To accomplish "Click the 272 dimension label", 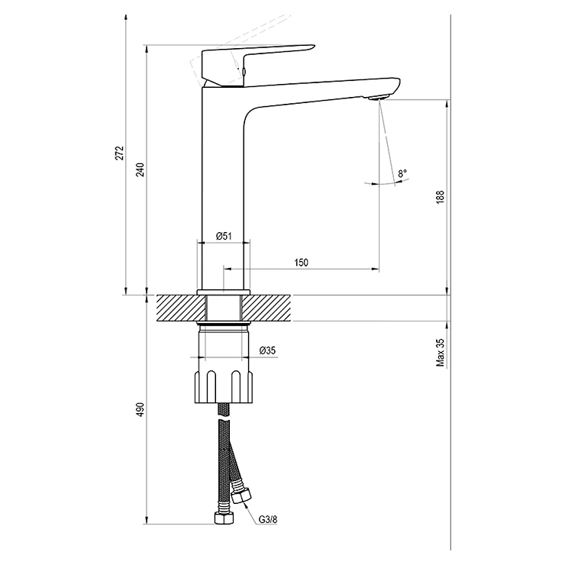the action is (120, 153).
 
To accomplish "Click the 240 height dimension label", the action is (140, 169).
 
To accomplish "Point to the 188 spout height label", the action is (441, 198).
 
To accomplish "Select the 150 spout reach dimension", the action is (302, 263).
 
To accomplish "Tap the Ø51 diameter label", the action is (224, 236).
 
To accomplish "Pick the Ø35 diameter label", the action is (267, 350).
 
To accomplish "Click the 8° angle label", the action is (402, 173).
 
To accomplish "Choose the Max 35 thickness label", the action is (441, 353).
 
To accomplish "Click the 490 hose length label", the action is (140, 410).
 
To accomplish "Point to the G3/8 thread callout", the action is (268, 519).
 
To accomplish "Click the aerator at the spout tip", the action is (379, 97).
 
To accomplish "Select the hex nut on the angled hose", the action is (241, 496).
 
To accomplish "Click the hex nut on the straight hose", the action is (224, 518).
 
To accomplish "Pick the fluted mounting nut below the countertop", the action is (224, 386).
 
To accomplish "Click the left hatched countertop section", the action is (180, 308).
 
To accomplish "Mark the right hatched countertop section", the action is (266, 308).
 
